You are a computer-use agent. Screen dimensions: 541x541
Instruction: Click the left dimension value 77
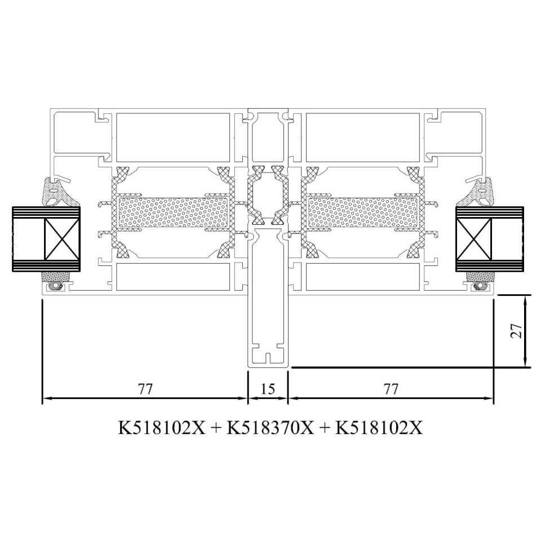(145, 389)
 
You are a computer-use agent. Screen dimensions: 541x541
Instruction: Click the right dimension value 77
(391, 389)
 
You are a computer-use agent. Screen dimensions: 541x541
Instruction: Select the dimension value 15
(267, 389)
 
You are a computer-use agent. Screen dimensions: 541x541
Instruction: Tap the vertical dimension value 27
(516, 331)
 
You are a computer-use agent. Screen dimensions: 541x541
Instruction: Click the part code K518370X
(270, 428)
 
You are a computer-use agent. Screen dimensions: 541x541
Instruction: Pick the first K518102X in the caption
(162, 428)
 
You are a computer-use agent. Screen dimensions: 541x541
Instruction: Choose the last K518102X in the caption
(379, 428)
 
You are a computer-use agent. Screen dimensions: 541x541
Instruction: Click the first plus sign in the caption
(216, 428)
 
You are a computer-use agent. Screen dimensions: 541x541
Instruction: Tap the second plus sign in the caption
(325, 428)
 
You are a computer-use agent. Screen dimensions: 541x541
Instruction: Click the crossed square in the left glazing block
(61, 239)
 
